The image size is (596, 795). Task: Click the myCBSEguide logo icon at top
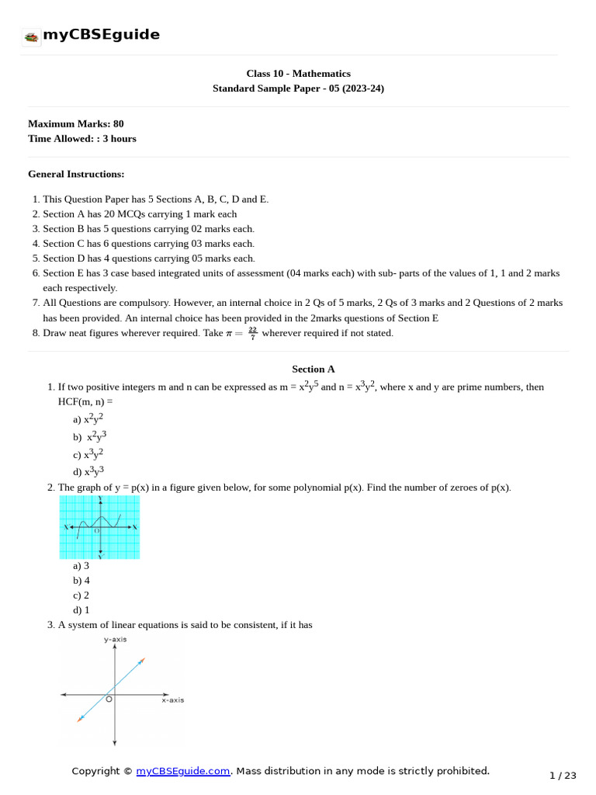tap(31, 36)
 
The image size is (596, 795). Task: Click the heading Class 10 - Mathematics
tap(298, 74)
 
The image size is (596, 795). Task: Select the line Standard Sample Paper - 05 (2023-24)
tap(298, 89)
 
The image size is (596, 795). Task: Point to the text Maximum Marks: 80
tap(75, 123)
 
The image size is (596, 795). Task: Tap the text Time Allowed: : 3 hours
tap(81, 138)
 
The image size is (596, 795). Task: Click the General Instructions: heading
tap(76, 174)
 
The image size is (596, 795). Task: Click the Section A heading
tap(314, 369)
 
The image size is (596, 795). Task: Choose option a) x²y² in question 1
tap(88, 418)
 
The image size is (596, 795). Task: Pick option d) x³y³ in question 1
tap(88, 470)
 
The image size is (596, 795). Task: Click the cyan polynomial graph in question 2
tap(99, 527)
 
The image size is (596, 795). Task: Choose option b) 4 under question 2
tap(81, 580)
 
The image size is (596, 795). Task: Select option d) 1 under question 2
tap(81, 609)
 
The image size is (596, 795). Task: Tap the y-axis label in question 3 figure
tap(115, 640)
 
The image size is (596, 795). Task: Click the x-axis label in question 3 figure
tap(172, 700)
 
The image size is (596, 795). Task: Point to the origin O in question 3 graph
tap(109, 700)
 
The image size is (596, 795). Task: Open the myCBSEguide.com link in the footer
tap(183, 771)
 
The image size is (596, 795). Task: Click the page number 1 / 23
tap(563, 775)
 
